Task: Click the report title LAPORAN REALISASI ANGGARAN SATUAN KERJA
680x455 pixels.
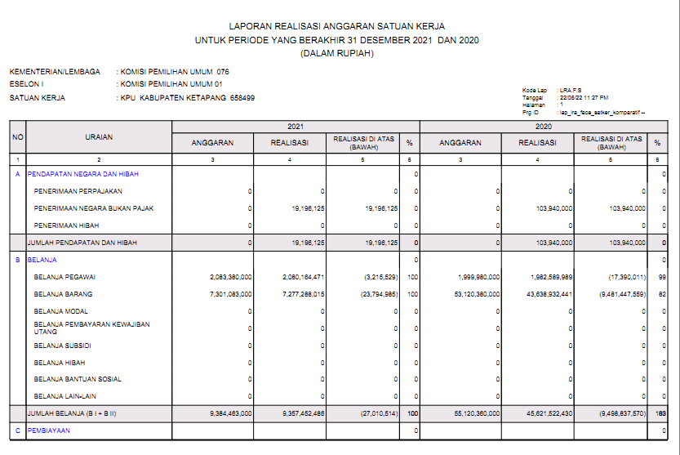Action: [x=337, y=26]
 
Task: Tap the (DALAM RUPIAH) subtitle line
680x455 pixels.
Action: [x=337, y=53]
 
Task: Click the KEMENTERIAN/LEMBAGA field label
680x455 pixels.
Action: [x=55, y=72]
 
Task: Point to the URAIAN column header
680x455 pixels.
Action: [x=99, y=137]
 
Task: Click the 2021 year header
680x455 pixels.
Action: [x=295, y=127]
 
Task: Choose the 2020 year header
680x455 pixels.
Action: [x=543, y=127]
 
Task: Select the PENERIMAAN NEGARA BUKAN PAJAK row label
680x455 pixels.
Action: [x=94, y=208]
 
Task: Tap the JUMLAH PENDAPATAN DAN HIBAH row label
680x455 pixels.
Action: [x=82, y=243]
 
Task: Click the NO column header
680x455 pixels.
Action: [x=17, y=137]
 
